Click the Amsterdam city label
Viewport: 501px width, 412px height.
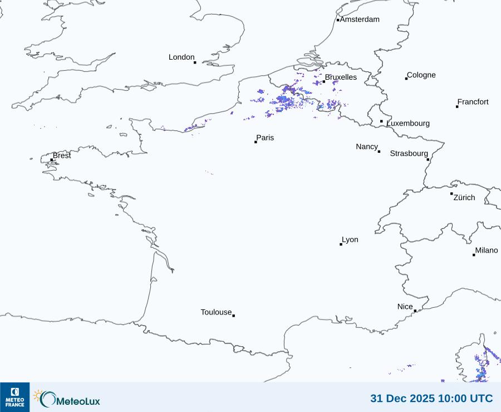pos(360,20)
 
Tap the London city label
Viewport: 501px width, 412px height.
pos(181,57)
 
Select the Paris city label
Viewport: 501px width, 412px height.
pos(265,138)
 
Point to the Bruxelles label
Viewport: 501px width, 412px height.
pos(341,77)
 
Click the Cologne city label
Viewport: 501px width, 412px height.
pos(421,75)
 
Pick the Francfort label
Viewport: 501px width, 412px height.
pos(473,102)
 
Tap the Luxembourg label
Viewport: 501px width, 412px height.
pos(408,123)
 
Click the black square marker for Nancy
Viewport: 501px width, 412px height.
pos(379,152)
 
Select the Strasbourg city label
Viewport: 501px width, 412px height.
pos(409,153)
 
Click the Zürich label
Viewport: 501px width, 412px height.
pos(464,197)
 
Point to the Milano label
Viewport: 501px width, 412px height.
pos(487,250)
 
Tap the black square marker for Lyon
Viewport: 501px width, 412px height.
pos(341,244)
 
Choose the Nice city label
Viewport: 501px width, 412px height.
pos(405,307)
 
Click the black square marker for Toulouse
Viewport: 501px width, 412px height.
pos(233,316)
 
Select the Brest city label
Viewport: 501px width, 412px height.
pos(62,156)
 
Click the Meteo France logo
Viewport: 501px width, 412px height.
pos(14,397)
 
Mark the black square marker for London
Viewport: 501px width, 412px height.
pos(195,62)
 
